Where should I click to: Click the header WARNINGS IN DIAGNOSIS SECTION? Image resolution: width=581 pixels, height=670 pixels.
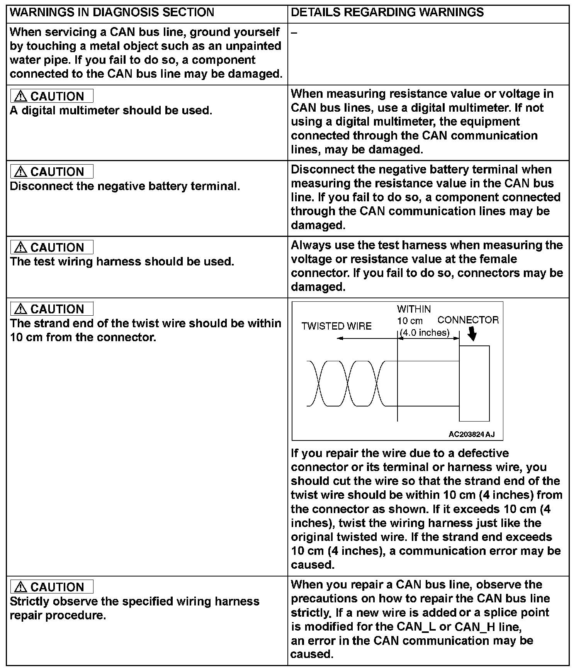[x=112, y=12]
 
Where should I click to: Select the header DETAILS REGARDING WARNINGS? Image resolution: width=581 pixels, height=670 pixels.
[x=387, y=12]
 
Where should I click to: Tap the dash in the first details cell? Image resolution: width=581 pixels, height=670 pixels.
[x=294, y=33]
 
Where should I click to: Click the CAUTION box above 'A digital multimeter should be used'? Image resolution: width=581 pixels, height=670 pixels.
[x=52, y=96]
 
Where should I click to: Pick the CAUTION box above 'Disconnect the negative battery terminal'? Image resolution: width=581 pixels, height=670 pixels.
[x=52, y=172]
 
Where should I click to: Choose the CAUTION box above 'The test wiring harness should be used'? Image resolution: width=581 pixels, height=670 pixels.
[x=52, y=247]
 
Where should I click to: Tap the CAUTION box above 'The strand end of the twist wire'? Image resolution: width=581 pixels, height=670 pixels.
[x=52, y=309]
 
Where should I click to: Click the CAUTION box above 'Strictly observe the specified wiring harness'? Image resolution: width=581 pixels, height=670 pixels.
[x=52, y=587]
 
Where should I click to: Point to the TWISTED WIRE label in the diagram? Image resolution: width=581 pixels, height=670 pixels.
[x=336, y=326]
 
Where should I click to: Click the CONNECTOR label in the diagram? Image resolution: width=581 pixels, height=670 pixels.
[x=468, y=320]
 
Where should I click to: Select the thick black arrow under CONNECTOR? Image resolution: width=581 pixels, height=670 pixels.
[x=472, y=335]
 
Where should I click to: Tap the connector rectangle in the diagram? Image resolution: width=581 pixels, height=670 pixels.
[x=474, y=383]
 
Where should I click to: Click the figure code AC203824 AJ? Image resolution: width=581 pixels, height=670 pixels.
[x=471, y=435]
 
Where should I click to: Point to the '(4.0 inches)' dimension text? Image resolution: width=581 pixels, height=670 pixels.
[x=425, y=333]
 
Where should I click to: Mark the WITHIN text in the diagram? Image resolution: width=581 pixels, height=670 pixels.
[x=414, y=309]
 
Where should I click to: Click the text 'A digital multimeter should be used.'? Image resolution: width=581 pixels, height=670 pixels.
[x=111, y=111]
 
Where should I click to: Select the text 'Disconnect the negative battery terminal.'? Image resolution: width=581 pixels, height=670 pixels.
[x=125, y=186]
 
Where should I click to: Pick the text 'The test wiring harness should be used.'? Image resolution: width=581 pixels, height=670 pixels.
[x=122, y=262]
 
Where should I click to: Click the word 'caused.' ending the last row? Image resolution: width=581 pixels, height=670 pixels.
[x=311, y=654]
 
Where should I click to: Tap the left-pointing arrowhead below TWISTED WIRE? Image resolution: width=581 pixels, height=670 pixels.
[x=339, y=338]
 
